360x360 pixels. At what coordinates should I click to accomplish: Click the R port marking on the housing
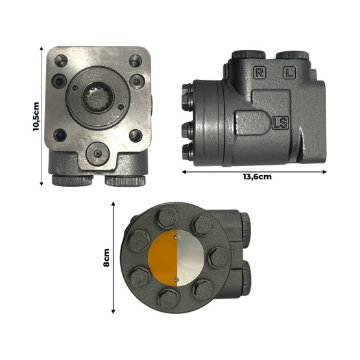[259, 73]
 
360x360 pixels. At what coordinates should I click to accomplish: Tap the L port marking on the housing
[289, 73]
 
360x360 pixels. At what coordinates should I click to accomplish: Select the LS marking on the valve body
[280, 123]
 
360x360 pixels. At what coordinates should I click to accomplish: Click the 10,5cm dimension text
[36, 116]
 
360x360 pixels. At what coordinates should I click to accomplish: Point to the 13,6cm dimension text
[257, 177]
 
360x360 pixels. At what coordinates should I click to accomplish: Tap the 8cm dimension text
[106, 258]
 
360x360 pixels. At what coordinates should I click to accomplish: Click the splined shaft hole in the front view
[97, 97]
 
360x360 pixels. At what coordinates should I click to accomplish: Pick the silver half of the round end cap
[191, 258]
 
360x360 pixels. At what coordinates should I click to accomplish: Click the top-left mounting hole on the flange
[61, 61]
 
